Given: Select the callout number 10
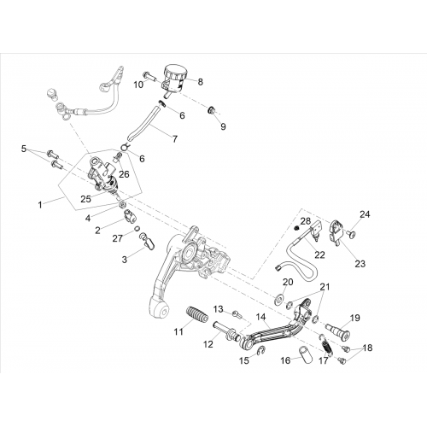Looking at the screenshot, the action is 139,85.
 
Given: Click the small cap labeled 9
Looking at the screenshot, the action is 212,110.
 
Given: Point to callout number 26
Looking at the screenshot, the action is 124,174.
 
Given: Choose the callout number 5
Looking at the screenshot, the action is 24,149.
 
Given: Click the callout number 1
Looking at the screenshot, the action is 40,204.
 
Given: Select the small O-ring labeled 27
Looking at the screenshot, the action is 137,228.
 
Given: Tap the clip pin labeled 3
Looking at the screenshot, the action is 148,240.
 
